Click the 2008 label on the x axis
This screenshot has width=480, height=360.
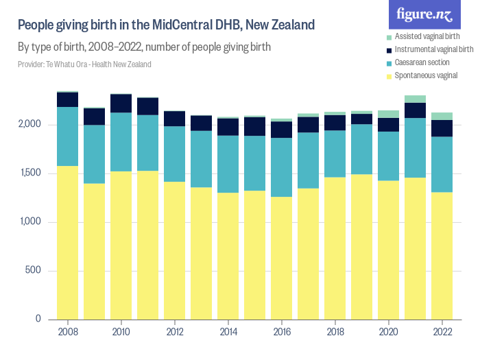point(67,332)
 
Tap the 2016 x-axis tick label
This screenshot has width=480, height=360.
point(281,332)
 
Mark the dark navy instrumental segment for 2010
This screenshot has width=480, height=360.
point(121,104)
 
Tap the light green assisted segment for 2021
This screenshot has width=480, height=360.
point(415,99)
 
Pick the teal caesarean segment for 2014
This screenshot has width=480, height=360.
point(228,164)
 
